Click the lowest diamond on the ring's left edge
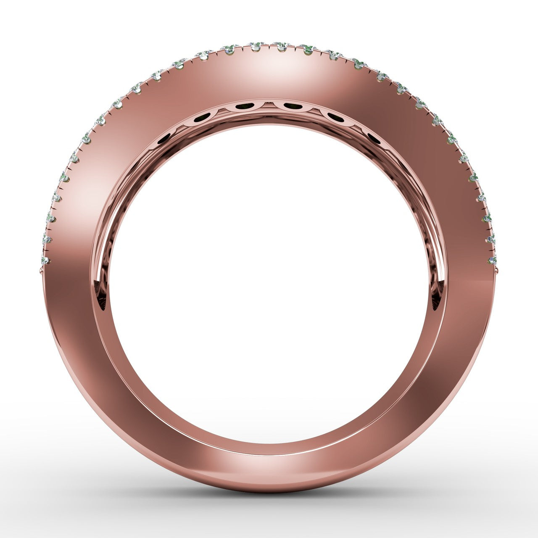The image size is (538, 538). [x=45, y=261]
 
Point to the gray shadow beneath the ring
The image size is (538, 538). [x=269, y=504]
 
